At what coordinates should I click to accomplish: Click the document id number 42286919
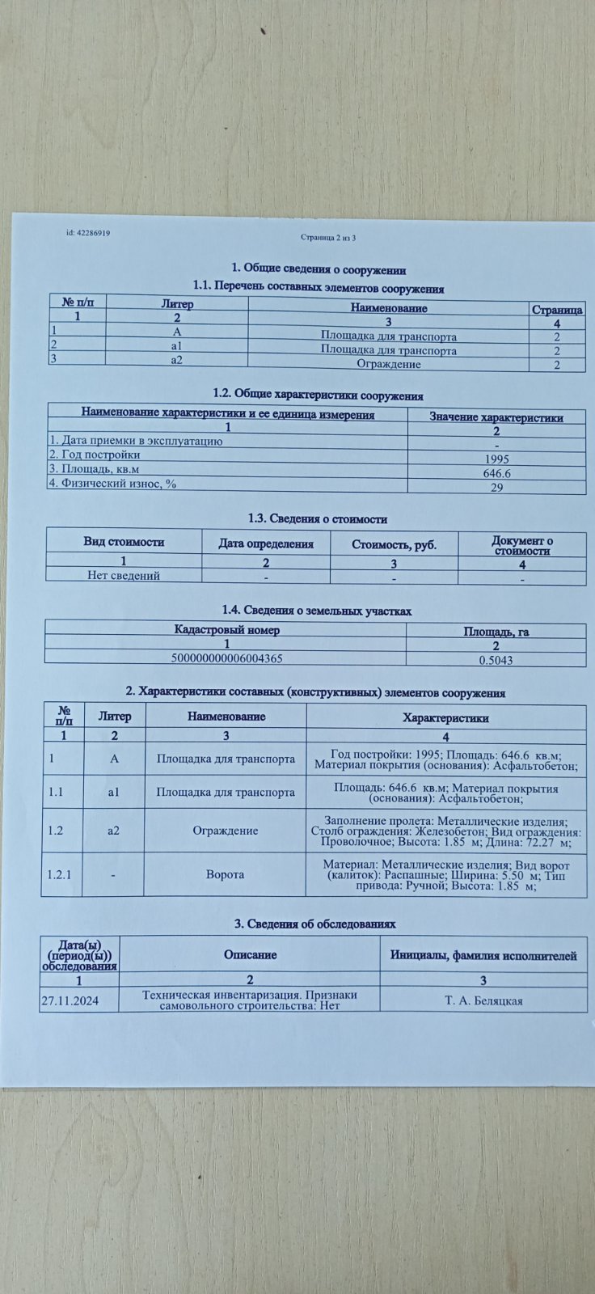pos(88,233)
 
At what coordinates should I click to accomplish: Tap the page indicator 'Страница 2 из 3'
pos(328,238)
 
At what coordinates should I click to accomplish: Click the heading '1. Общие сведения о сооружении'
pos(319,270)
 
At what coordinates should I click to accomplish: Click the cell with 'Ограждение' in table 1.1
pos(389,364)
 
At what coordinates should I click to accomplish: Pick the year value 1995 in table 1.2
pos(496,459)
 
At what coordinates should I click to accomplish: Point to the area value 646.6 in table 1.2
pos(496,473)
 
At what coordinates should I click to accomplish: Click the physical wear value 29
pos(496,488)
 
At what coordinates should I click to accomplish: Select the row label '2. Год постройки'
pos(90,455)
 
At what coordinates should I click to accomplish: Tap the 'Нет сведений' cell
pos(124,576)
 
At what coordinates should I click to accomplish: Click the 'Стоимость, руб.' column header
pos(394,544)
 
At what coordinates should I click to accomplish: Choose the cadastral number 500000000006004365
pos(226,658)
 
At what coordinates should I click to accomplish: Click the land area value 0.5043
pos(496,660)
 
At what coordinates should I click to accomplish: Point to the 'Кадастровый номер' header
pos(227,629)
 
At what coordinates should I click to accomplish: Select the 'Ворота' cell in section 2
pos(225,874)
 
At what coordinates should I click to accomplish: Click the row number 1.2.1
pos(61,874)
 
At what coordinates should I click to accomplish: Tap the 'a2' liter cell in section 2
pos(114,830)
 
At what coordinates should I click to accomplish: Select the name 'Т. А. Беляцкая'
pos(483,1000)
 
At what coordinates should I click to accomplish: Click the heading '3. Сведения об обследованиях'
pos(315,924)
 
